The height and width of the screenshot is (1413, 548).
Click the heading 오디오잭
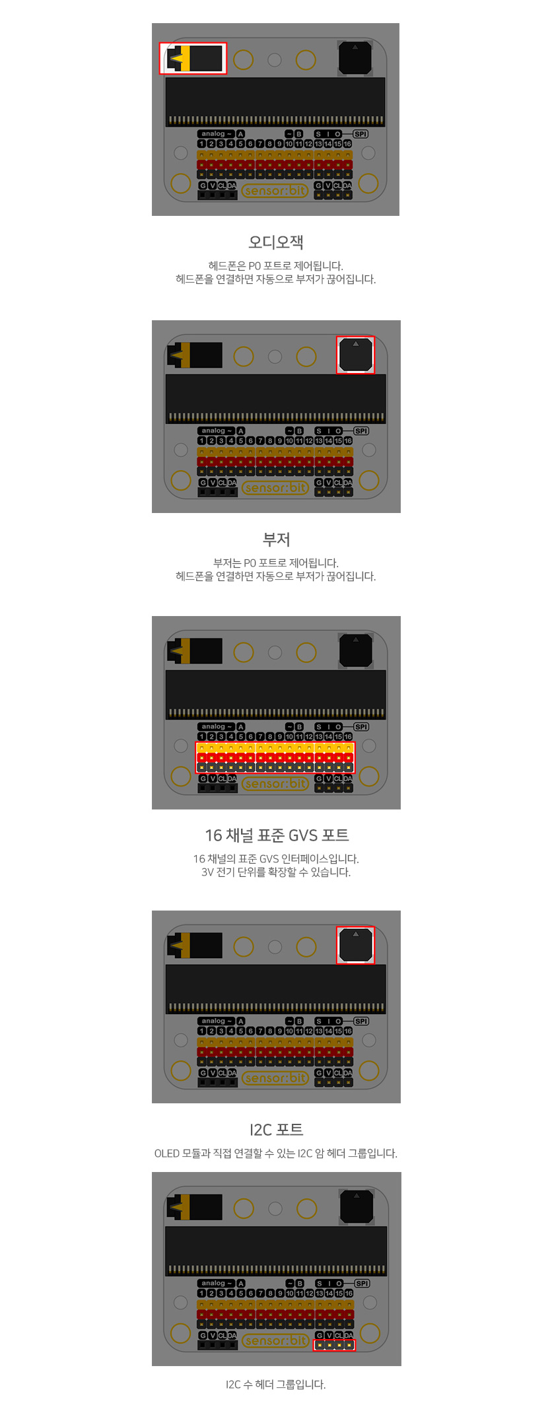click(x=275, y=242)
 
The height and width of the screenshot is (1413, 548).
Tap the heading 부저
click(x=276, y=539)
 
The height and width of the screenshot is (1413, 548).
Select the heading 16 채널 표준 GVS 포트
click(x=277, y=835)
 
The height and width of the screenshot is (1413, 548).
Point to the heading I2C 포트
click(x=276, y=1130)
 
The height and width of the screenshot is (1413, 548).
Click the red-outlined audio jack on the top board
click(x=193, y=58)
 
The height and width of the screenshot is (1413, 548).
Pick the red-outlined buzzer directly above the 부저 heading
click(x=355, y=355)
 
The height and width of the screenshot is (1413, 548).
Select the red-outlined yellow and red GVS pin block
click(x=275, y=757)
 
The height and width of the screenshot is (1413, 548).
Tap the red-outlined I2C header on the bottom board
click(x=334, y=1345)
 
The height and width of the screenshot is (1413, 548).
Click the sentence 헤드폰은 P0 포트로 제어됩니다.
click(x=275, y=266)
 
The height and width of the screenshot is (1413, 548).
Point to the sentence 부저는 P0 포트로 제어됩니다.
click(x=275, y=563)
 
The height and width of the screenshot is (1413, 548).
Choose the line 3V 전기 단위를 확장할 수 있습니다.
click(x=276, y=872)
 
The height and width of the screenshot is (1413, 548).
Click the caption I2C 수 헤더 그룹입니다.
click(x=275, y=1385)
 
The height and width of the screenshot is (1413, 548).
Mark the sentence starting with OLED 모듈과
click(x=275, y=1154)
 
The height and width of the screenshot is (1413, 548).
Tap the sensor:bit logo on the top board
click(x=275, y=191)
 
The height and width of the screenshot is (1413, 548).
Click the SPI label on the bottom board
click(x=362, y=1283)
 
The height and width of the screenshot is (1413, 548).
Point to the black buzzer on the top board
click(x=355, y=58)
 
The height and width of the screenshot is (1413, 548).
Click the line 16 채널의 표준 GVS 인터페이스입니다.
click(x=276, y=859)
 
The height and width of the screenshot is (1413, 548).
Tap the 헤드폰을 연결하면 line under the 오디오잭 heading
click(x=275, y=279)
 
